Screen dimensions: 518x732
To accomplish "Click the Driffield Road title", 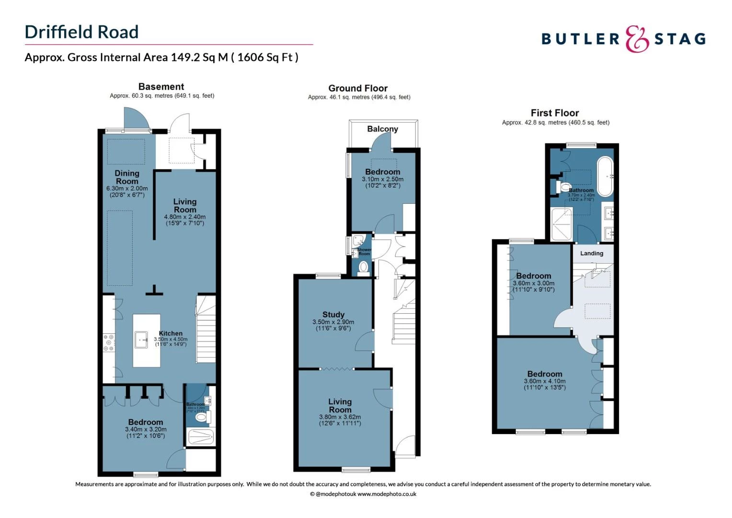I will (x=81, y=32).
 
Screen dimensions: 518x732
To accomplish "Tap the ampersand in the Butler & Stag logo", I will (x=637, y=39).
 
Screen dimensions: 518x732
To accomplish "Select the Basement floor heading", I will (x=161, y=87).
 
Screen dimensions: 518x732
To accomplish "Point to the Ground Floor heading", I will (x=358, y=88).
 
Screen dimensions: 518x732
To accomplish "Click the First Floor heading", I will (x=555, y=113).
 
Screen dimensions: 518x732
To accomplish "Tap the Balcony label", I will (x=382, y=129).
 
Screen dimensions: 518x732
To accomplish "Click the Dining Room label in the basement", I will (x=127, y=177).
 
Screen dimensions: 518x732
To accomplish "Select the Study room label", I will (x=333, y=315).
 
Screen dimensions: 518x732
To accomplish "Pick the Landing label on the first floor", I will (x=592, y=253).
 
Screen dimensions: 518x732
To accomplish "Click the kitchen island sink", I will (x=141, y=340).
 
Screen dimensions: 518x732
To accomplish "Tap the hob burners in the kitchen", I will (x=109, y=343).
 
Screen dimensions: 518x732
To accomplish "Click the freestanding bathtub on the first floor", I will (x=605, y=176).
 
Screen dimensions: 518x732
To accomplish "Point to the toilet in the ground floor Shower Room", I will (x=363, y=267).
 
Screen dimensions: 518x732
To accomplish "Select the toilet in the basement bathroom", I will (x=201, y=418).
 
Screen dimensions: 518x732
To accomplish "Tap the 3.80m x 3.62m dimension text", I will (x=340, y=417).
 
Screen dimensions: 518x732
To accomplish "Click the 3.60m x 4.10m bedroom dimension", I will (x=545, y=381).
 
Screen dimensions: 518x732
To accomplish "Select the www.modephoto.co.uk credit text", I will (x=387, y=494).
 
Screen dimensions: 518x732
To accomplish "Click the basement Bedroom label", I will (x=145, y=422).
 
